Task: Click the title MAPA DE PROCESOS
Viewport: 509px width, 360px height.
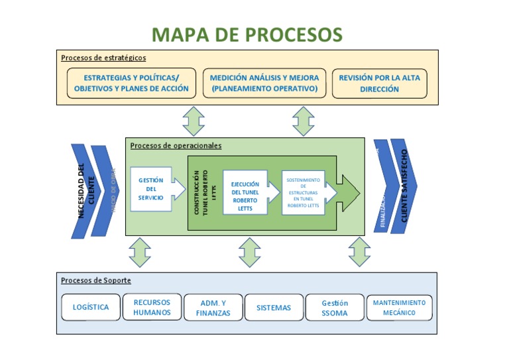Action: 247,34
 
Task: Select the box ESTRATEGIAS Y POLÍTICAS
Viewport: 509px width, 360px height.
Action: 131,83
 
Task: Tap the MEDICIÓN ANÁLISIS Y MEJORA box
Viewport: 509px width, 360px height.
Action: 264,83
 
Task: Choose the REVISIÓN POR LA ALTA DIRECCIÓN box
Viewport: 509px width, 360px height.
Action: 379,83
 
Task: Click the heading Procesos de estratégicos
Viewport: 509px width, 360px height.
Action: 103,58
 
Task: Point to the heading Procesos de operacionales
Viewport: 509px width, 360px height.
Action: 176,145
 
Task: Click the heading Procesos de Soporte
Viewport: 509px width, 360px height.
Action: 96,280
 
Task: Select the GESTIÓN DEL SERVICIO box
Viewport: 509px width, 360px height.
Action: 151,189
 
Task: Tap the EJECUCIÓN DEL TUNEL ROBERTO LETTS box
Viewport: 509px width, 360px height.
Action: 245,196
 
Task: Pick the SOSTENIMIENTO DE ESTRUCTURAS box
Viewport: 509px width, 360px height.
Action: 304,192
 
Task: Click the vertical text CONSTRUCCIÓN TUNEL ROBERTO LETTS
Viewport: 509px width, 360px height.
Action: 201,193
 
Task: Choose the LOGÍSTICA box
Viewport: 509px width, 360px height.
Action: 91,308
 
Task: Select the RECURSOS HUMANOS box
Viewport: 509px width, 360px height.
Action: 152,308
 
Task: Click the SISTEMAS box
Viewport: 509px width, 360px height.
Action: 274,308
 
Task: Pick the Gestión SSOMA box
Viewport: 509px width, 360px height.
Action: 334,308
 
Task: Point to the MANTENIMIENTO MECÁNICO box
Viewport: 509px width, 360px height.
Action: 399,308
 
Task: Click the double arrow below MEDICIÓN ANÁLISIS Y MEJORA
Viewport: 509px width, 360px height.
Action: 303,121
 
